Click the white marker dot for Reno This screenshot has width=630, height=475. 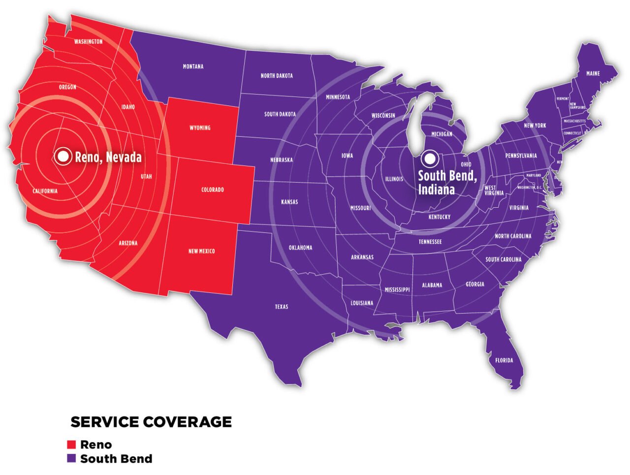63,157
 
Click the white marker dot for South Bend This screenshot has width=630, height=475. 430,158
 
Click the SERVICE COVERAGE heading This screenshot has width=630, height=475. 151,422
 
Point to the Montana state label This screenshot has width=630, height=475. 193,66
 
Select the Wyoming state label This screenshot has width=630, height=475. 200,127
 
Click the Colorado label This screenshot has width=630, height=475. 213,190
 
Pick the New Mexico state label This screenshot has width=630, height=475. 201,251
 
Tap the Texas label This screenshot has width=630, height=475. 282,307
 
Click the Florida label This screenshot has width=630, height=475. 504,360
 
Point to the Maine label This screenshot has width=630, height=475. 593,73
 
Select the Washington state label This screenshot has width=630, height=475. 89,42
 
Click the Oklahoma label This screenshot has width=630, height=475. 300,248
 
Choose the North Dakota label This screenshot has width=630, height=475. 277,76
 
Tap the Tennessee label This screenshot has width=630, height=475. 430,242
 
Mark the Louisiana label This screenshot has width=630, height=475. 362,303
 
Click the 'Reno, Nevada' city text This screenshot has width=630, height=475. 108,157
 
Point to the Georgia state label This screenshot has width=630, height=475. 475,284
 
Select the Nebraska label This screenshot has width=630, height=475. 282,160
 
